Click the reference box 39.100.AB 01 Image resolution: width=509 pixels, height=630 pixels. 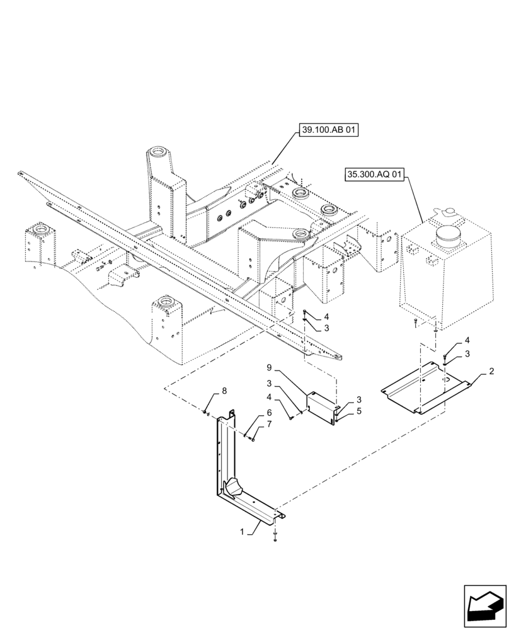click(x=328, y=130)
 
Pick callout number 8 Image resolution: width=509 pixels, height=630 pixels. click(x=223, y=391)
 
